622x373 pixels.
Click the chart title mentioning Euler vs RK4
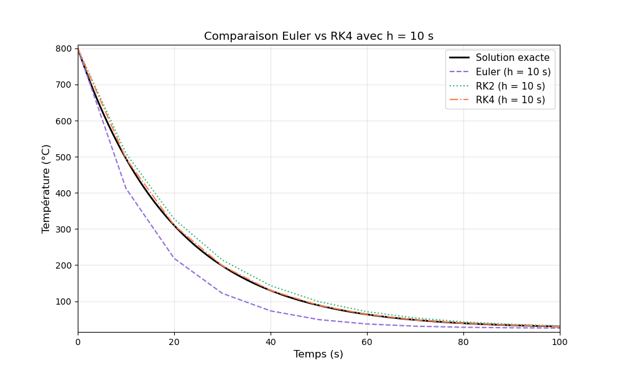pos(318,36)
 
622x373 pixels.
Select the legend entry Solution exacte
pos(513,58)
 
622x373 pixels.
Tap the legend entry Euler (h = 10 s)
pos(513,72)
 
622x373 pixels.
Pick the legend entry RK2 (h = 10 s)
pos(510,86)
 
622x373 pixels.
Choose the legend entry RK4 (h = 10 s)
pos(510,100)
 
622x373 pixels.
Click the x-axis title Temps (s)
pos(318,354)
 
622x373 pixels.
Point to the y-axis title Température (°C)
pos(47,188)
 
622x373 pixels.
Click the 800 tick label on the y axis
pos(63,48)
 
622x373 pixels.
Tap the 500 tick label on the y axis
pos(63,157)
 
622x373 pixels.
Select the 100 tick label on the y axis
pos(63,302)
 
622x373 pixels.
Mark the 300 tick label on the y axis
pos(63,229)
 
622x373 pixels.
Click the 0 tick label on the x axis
pos(78,341)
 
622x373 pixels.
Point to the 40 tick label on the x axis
pos(271,341)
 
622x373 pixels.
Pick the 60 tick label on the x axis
pos(367,341)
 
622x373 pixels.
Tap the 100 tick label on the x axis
pos(560,341)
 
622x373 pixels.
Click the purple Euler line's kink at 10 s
pos(126,189)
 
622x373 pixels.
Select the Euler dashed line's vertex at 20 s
pos(174,258)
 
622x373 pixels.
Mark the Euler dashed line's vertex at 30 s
pos(223,293)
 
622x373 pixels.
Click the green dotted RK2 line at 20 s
pos(174,219)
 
